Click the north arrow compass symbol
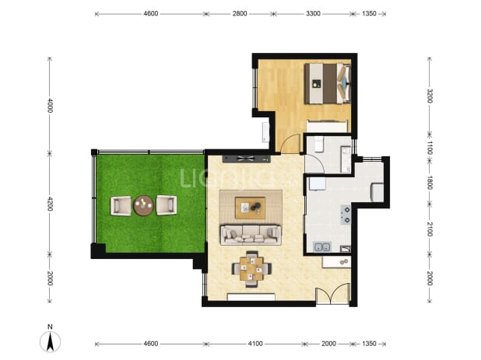[51, 341]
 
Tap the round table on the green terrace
[143, 205]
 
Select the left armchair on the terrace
[121, 205]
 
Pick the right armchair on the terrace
[167, 205]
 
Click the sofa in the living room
[251, 235]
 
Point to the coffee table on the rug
[250, 208]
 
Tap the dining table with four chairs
[251, 269]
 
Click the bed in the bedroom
[328, 83]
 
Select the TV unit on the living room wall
[247, 159]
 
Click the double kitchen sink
[322, 246]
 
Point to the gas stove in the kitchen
[346, 215]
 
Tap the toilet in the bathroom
[318, 145]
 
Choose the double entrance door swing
[332, 295]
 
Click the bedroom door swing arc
[289, 143]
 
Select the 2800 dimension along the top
[240, 13]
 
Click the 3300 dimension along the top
[313, 13]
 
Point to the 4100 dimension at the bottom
[255, 344]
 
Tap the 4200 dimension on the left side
[50, 204]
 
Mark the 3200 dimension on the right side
[430, 96]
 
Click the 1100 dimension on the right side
[430, 148]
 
